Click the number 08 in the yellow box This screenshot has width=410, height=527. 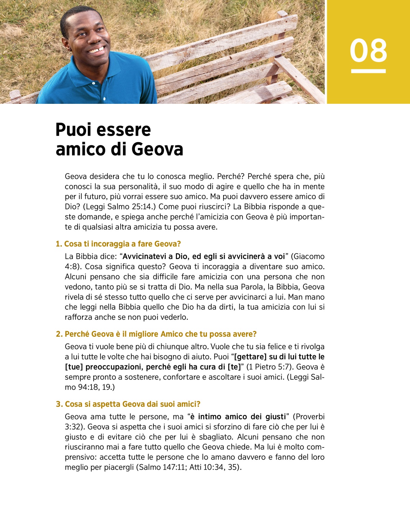368,51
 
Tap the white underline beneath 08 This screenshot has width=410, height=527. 368,71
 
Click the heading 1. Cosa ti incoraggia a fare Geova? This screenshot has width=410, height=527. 118,244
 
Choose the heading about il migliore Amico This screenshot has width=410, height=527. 156,334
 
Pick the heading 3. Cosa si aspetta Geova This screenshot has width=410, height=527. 128,404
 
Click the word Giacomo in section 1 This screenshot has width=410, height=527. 309,256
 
